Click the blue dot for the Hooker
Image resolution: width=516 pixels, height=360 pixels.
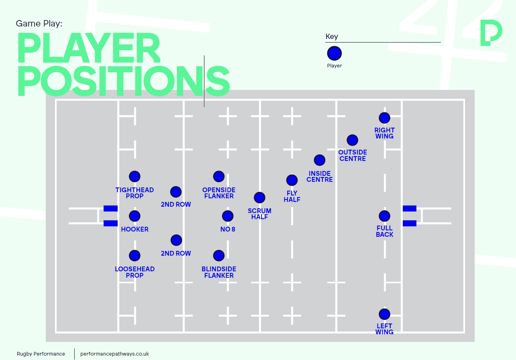[x=135, y=216]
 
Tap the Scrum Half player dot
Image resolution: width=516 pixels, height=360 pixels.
[x=260, y=197]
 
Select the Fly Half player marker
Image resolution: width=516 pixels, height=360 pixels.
[x=292, y=180]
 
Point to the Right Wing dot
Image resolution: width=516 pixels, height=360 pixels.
[x=384, y=118]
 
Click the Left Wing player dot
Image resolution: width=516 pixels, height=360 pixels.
[x=384, y=314]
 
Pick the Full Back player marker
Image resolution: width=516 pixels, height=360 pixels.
[x=384, y=216]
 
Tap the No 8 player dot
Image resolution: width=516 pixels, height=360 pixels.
[x=228, y=216]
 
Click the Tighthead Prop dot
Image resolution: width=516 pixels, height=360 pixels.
[x=135, y=177]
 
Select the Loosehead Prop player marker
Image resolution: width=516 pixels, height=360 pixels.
[x=135, y=256]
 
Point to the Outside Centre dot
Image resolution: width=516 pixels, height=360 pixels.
[x=353, y=140]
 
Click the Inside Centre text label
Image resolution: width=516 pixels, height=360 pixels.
[x=320, y=177]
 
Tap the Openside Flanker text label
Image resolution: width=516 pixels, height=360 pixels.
[x=219, y=193]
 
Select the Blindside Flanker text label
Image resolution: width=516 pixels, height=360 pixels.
[x=219, y=272]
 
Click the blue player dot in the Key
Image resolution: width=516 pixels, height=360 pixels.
[x=334, y=53]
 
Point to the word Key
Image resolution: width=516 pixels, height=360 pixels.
[x=332, y=37]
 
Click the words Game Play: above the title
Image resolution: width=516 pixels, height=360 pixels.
[x=39, y=23]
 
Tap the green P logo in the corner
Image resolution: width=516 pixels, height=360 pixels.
[x=491, y=33]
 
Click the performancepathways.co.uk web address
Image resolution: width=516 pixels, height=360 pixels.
[x=114, y=354]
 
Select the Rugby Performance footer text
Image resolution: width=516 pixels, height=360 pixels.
[x=41, y=354]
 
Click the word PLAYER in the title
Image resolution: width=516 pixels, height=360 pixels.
[x=89, y=48]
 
